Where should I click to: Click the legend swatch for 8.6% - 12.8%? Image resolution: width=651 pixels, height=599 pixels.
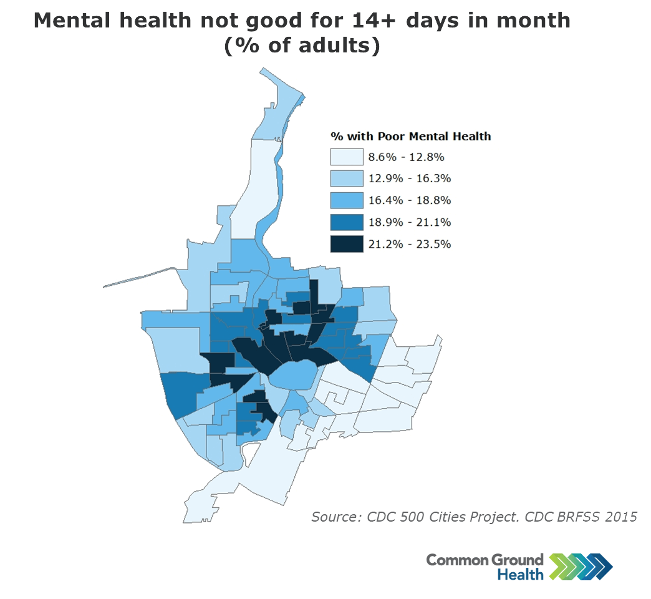pos(347,157)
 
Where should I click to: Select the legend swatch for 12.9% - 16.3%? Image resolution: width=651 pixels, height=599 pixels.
pos(347,178)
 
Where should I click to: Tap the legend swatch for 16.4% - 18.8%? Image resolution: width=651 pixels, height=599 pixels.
pos(347,200)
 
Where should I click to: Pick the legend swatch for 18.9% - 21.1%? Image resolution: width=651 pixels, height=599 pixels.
pos(347,222)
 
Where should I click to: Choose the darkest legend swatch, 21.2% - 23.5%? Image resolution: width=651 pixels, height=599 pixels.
pos(347,244)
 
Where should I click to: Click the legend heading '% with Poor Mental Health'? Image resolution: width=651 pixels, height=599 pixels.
pos(410,136)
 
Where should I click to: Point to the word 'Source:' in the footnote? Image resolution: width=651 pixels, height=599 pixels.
pos(335,517)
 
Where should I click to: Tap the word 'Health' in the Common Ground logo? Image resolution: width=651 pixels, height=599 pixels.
pos(520,573)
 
